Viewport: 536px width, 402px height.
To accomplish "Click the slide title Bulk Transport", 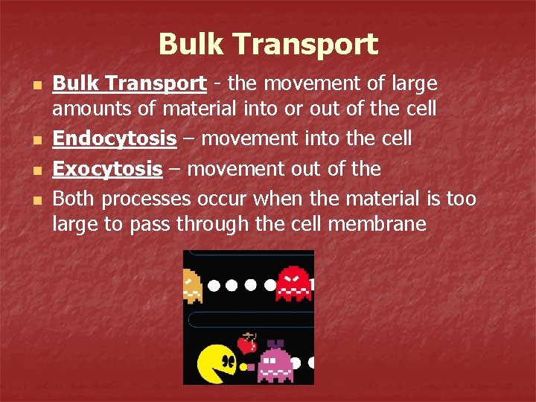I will tap(268, 44).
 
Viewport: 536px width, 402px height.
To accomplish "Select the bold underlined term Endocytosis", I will tap(114, 139).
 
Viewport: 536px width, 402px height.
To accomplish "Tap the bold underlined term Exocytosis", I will tap(107, 169).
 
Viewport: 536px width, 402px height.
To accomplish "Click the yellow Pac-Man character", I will tap(217, 363).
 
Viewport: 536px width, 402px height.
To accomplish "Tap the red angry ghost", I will tap(294, 283).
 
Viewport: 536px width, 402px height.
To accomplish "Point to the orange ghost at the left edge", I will tap(192, 286).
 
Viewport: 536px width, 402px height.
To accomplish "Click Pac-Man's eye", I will tap(223, 364).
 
